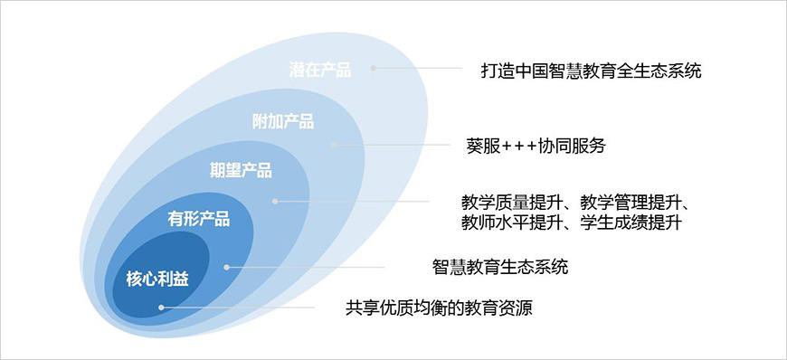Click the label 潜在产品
[319, 70]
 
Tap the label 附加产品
[283, 121]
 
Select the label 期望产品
[241, 170]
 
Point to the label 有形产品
[199, 218]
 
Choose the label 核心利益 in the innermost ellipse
[157, 277]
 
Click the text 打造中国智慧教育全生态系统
[592, 71]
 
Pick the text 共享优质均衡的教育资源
[440, 308]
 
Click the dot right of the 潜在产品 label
[374, 69]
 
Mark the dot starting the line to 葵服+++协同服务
[333, 144]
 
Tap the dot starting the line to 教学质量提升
[275, 202]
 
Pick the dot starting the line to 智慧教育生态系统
[227, 267]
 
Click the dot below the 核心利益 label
[161, 308]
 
